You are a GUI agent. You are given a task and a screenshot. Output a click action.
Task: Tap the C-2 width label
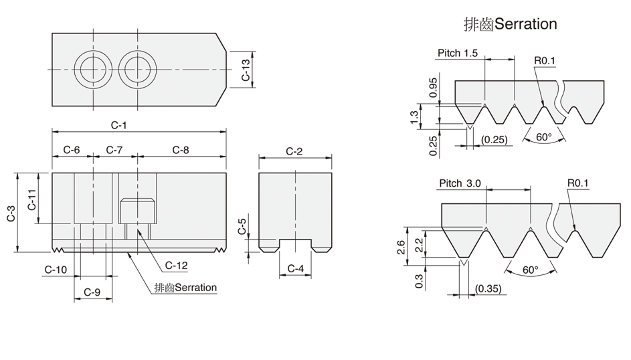click(294, 151)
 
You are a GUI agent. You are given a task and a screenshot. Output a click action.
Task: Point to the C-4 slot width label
click(295, 269)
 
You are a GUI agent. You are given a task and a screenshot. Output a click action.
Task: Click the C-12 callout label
click(175, 266)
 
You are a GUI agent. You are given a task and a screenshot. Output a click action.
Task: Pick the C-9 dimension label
click(92, 292)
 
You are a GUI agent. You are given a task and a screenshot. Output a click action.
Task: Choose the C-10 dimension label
click(56, 269)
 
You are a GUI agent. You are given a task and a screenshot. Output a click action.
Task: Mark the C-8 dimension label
click(180, 150)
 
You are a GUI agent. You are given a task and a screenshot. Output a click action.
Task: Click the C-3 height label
click(11, 212)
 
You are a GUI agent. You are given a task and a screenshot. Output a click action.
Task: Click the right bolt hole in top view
click(137, 70)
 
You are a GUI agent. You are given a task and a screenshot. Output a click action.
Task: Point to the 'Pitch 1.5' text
click(458, 53)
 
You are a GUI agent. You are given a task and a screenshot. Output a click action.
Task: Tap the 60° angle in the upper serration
click(544, 137)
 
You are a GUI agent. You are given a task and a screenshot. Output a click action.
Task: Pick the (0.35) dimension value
click(487, 288)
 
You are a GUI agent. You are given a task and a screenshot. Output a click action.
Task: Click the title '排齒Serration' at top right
click(510, 24)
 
